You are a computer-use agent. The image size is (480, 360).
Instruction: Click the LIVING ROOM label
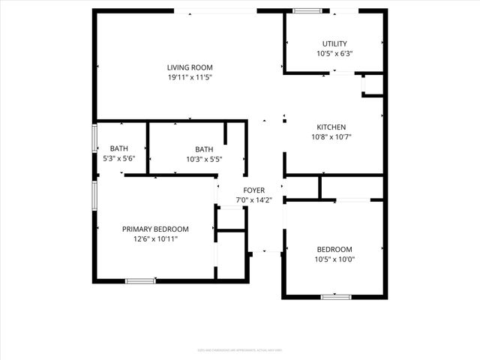(x=190, y=67)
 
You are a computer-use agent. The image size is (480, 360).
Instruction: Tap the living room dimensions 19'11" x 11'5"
(x=190, y=77)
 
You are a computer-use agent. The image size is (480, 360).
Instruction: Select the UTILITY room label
(x=334, y=43)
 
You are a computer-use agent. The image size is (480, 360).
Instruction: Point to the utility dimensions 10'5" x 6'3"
(x=334, y=53)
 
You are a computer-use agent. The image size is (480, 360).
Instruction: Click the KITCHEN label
(x=331, y=127)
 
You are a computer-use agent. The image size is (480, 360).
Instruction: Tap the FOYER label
(x=253, y=190)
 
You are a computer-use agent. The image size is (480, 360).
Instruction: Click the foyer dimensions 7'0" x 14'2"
(x=253, y=200)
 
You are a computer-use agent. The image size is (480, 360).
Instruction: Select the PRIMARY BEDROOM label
(x=155, y=229)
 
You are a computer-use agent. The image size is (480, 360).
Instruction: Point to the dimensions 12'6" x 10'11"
(x=155, y=238)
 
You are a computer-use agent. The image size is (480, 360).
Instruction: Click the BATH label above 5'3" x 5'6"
(x=118, y=148)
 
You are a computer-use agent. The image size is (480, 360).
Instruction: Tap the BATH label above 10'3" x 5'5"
(x=204, y=148)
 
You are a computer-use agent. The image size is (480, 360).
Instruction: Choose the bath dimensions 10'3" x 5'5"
(x=204, y=158)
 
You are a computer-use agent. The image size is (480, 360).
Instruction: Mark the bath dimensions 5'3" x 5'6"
(x=118, y=158)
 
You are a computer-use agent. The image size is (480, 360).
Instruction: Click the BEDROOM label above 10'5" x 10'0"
(x=334, y=249)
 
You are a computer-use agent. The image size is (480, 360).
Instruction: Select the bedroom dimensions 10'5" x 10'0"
(x=334, y=259)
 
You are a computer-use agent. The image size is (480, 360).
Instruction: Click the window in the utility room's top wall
(x=305, y=10)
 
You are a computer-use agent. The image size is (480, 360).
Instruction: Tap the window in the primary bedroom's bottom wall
(x=140, y=280)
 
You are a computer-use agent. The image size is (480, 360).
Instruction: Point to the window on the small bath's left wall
(x=94, y=139)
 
